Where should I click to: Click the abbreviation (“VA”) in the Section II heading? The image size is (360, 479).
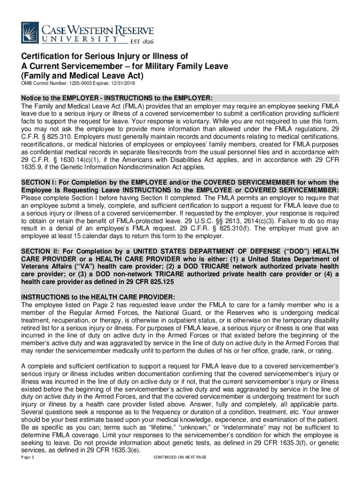point(69,266)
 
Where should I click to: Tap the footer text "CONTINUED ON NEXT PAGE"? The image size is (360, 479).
point(180,457)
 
